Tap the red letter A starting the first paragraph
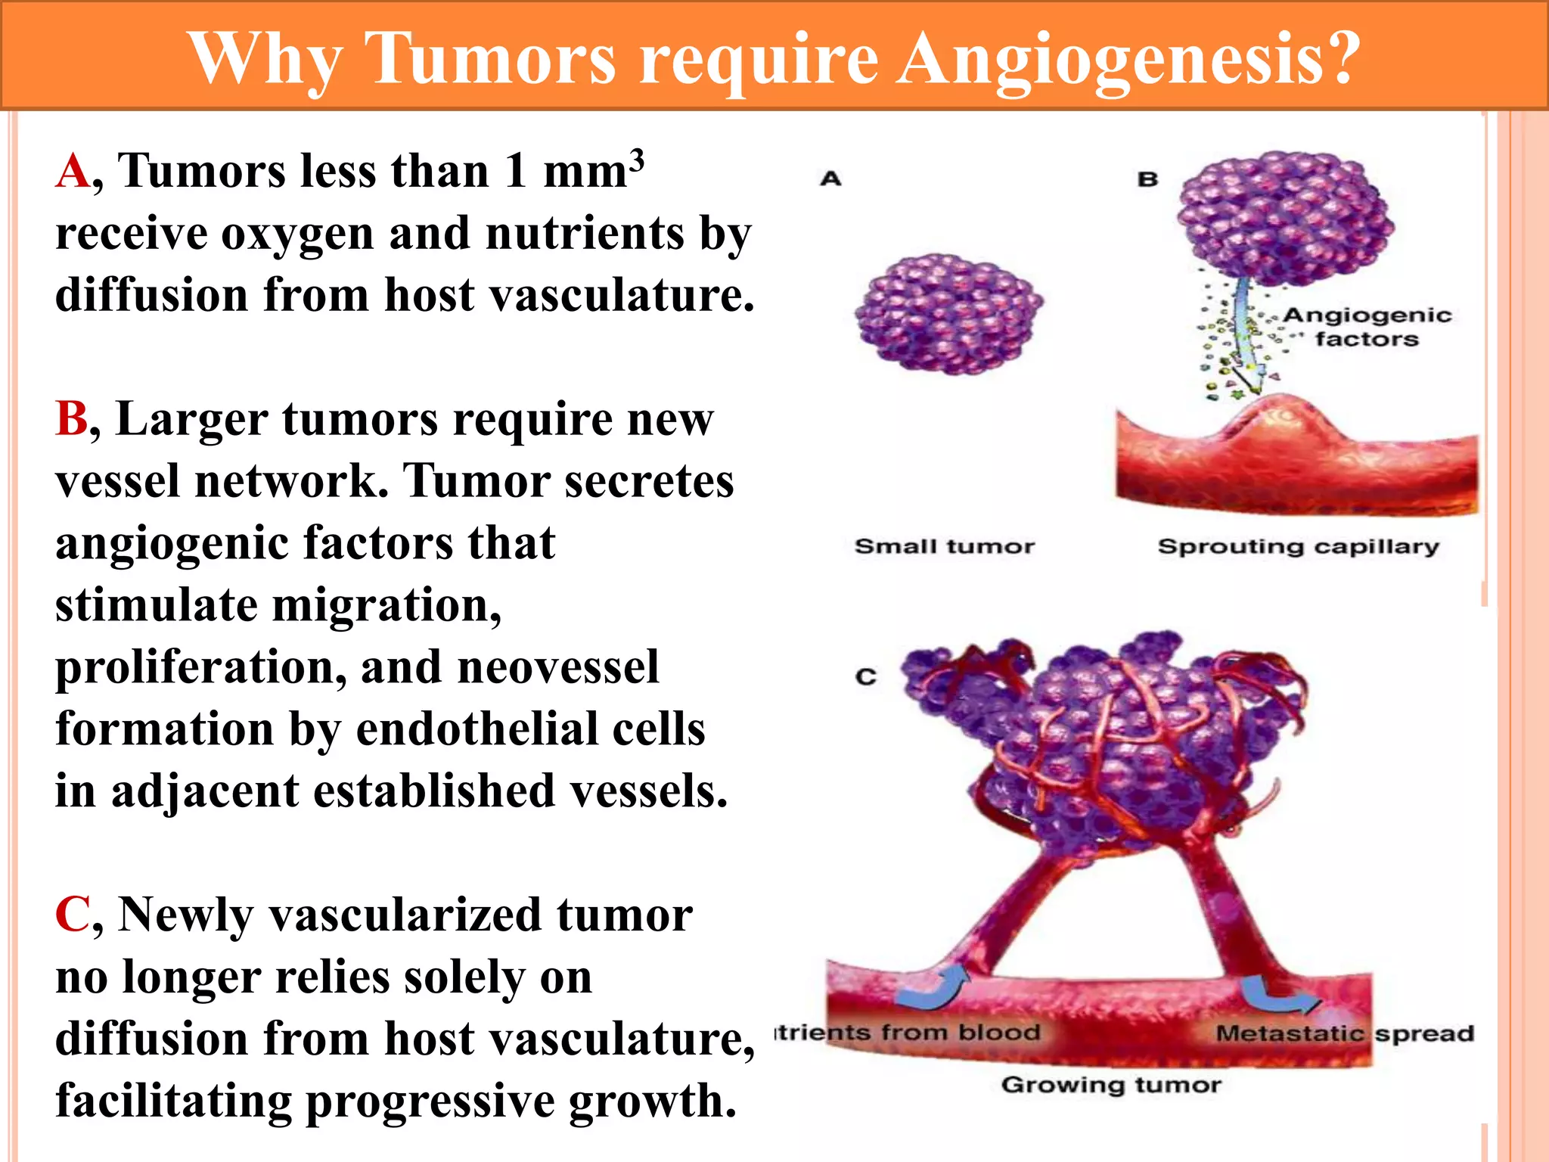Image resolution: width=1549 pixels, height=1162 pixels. pos(73,171)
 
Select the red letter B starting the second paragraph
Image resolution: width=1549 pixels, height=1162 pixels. pos(72,418)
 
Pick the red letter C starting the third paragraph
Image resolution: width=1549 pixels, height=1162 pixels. pos(73,915)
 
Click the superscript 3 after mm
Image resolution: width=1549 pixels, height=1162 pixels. pos(637,159)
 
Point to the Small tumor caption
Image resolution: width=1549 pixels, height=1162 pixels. pos(944,546)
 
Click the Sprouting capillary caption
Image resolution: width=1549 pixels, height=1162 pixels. pos(1298,546)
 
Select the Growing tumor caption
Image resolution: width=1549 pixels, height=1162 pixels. pos(1110,1085)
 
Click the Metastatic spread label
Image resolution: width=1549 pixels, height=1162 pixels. pos(1345,1033)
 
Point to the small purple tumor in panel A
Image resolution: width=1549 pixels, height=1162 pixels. pos(948,314)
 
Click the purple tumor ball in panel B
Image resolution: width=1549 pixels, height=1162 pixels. pos(1286,218)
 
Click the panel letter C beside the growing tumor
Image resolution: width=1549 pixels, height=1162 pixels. pos(866,676)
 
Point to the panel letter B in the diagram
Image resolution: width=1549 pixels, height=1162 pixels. pos(1148,179)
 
